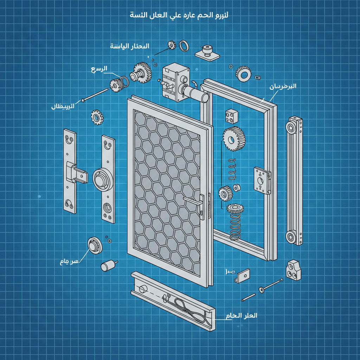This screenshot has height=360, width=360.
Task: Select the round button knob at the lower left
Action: coord(95,245)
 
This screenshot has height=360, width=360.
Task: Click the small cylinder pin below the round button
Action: coord(107,266)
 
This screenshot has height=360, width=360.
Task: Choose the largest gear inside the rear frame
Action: coord(234,139)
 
